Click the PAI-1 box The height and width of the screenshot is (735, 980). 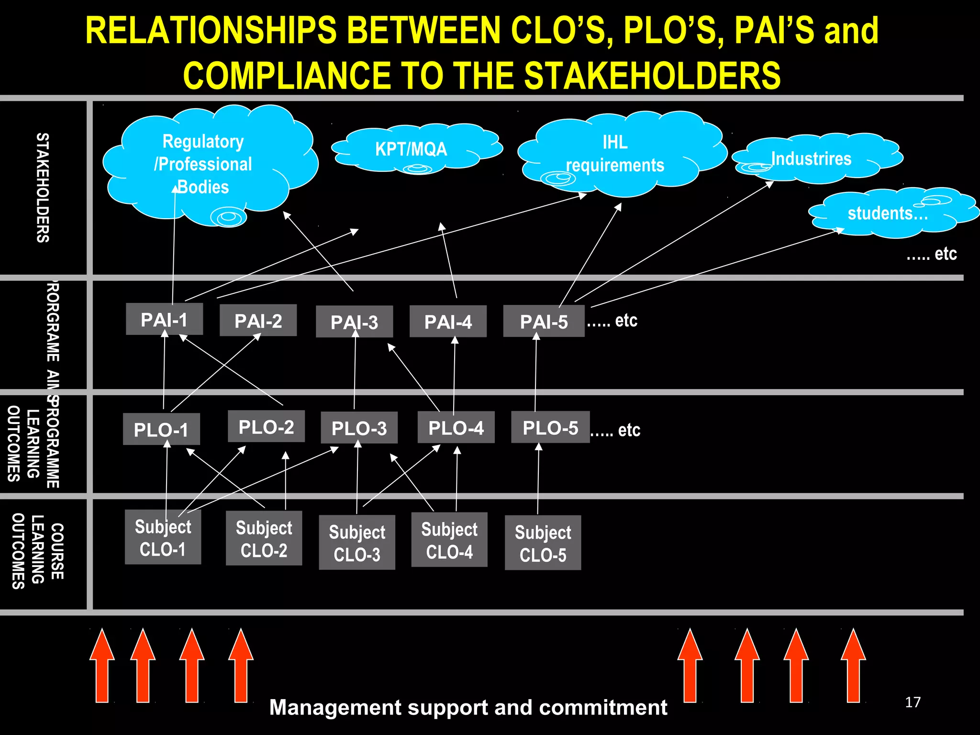(164, 319)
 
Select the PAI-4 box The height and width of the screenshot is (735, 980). (448, 322)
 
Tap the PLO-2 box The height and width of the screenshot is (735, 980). (266, 426)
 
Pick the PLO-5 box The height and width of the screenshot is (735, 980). (550, 427)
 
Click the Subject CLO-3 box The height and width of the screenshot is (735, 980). (357, 543)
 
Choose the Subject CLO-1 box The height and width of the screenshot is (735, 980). (163, 537)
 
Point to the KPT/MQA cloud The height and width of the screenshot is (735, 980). (412, 149)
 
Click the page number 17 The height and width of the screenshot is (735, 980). (913, 702)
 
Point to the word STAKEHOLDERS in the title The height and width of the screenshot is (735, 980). (653, 76)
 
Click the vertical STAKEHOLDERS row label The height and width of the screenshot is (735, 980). (43, 188)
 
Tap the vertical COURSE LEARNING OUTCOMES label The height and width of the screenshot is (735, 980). (37, 551)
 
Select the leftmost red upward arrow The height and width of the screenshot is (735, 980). (102, 666)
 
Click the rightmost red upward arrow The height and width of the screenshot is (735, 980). (853, 666)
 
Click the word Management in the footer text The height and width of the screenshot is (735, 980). (335, 707)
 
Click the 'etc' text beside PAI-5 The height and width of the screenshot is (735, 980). (626, 321)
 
